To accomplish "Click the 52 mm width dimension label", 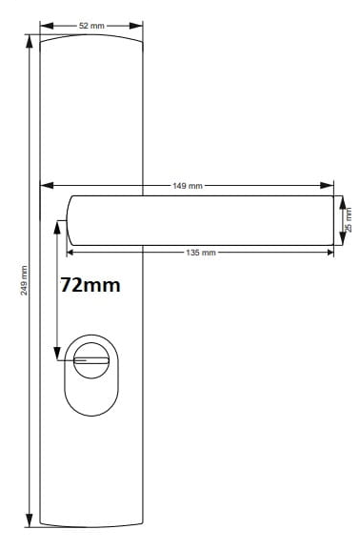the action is coord(91,26).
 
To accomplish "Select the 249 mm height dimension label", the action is coord(24,280).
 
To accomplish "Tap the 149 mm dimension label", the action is coord(188,186).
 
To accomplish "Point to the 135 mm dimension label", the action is coord(201,253).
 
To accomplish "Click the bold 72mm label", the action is coord(90,285).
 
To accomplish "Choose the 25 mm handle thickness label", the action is coord(349,220).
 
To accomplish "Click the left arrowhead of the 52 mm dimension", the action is coord(47,26).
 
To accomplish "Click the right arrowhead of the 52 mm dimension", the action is coord(136,26).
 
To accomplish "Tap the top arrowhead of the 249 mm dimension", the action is coord(30,41).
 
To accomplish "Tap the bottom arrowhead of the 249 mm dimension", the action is coord(30,520).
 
